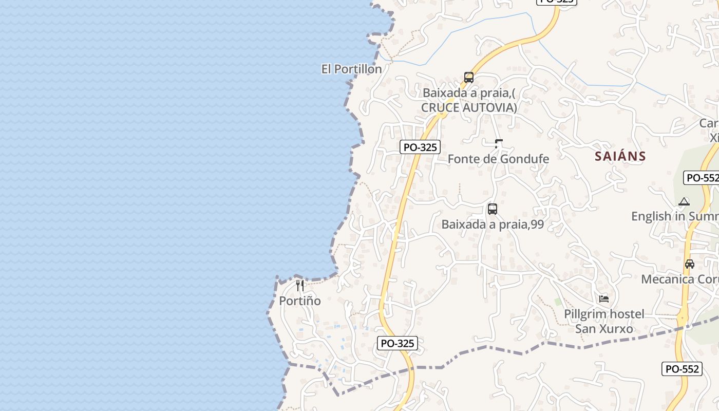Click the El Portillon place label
point(351,69)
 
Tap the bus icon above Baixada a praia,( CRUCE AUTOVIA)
point(469,78)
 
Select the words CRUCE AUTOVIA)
point(469,107)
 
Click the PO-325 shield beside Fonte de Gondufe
point(420,147)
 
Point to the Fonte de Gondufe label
point(498,159)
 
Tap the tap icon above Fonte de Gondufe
point(498,144)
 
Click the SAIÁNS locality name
point(620,156)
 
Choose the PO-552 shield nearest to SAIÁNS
point(702,178)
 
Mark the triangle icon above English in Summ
point(684,202)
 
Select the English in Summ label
point(675,216)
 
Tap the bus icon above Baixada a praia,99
point(493,209)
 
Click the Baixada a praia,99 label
point(493,225)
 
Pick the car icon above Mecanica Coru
point(690,264)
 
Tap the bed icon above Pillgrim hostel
point(604,298)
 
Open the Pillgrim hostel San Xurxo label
point(604,321)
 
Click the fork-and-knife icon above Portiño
point(300,286)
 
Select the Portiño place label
point(300,301)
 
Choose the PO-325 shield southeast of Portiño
point(398,343)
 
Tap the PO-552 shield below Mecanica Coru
point(682,369)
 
